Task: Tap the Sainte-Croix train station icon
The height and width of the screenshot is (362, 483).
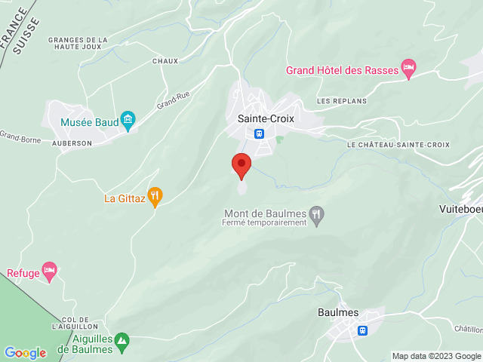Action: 259,133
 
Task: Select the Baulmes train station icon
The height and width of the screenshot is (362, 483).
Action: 363,330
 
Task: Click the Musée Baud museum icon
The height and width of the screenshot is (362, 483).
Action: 128,119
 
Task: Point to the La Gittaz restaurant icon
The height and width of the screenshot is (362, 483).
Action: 155,198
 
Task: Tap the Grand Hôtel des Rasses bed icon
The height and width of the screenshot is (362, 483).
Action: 408,70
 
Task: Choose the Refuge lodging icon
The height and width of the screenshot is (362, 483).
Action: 50,272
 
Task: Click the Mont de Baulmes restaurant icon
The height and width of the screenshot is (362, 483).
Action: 318,214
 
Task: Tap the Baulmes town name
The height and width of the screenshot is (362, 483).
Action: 338,313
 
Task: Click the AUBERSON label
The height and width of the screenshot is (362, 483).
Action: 72,143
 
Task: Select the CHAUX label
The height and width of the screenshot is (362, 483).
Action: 165,61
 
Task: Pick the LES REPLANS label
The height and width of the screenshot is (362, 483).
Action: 341,100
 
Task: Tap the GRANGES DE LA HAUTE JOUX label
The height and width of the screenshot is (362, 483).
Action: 78,44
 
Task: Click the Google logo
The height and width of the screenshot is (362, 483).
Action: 25,353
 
